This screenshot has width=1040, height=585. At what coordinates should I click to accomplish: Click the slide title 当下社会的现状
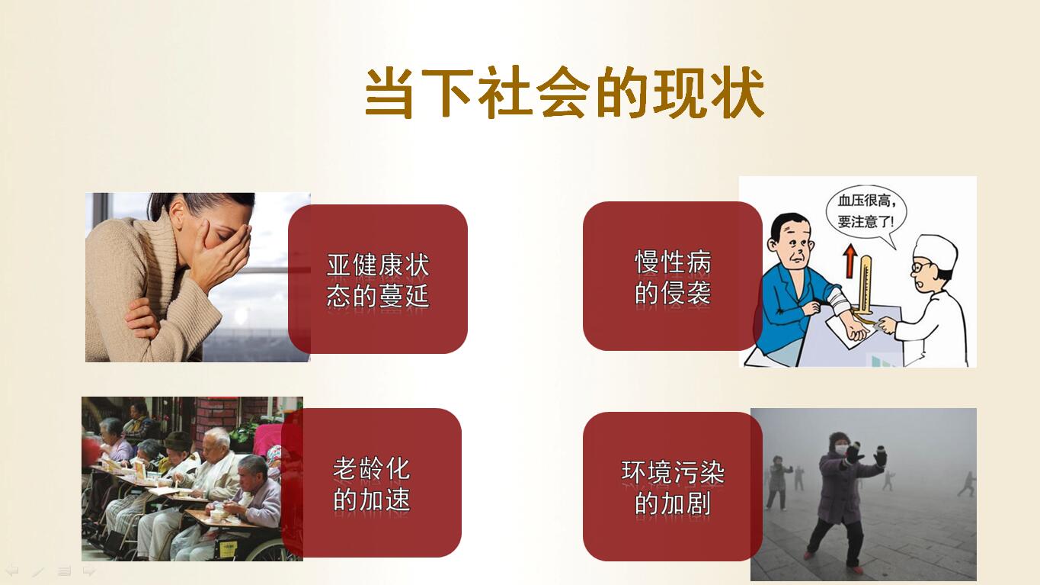click(x=564, y=92)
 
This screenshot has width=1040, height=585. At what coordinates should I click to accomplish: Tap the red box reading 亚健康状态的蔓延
click(x=378, y=279)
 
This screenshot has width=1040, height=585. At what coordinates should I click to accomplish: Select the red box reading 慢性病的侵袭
click(x=672, y=276)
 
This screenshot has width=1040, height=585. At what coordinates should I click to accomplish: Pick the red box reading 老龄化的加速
click(x=372, y=482)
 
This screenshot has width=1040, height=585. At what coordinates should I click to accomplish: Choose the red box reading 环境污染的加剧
click(x=672, y=487)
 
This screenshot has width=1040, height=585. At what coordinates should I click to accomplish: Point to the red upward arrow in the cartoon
click(x=850, y=261)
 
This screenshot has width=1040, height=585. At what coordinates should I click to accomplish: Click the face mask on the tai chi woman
click(x=841, y=449)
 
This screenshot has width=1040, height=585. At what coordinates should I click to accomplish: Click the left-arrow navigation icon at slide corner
click(x=11, y=571)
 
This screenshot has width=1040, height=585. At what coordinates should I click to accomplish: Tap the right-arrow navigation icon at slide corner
click(x=89, y=571)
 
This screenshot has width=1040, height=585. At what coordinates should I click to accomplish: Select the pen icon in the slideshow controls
click(x=38, y=571)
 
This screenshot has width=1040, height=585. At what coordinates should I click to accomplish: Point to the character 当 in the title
click(x=389, y=93)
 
